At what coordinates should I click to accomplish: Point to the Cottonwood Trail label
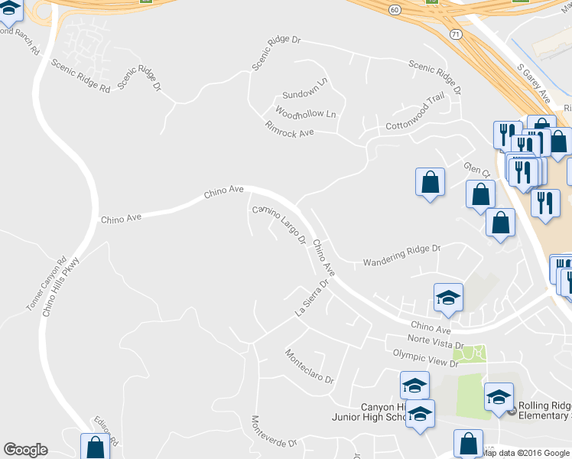[x=415, y=114]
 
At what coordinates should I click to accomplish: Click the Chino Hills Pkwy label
[x=61, y=287]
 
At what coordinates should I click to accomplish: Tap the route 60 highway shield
[x=394, y=9]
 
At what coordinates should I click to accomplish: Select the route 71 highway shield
[x=456, y=34]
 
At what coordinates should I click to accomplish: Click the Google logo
[x=25, y=450]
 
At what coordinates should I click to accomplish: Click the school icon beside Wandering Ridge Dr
[x=448, y=298]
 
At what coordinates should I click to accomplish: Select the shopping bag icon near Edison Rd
[x=96, y=447]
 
